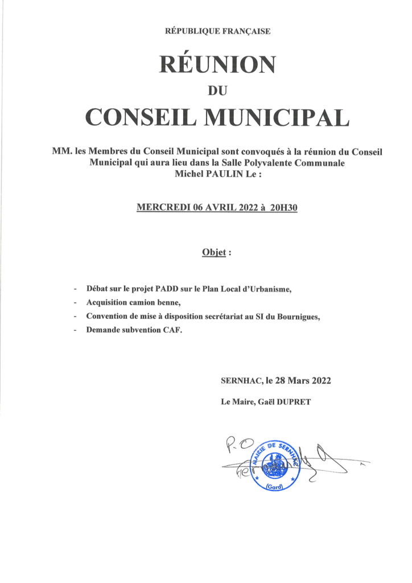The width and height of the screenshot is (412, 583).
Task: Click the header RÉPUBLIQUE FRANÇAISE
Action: coord(217,31)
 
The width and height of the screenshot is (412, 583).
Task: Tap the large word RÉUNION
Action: coord(217,64)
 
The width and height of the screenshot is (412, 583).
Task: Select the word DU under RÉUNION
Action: coord(218,89)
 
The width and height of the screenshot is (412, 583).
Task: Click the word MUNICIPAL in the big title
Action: coord(277,117)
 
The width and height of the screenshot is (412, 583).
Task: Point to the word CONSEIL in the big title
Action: coord(142,117)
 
